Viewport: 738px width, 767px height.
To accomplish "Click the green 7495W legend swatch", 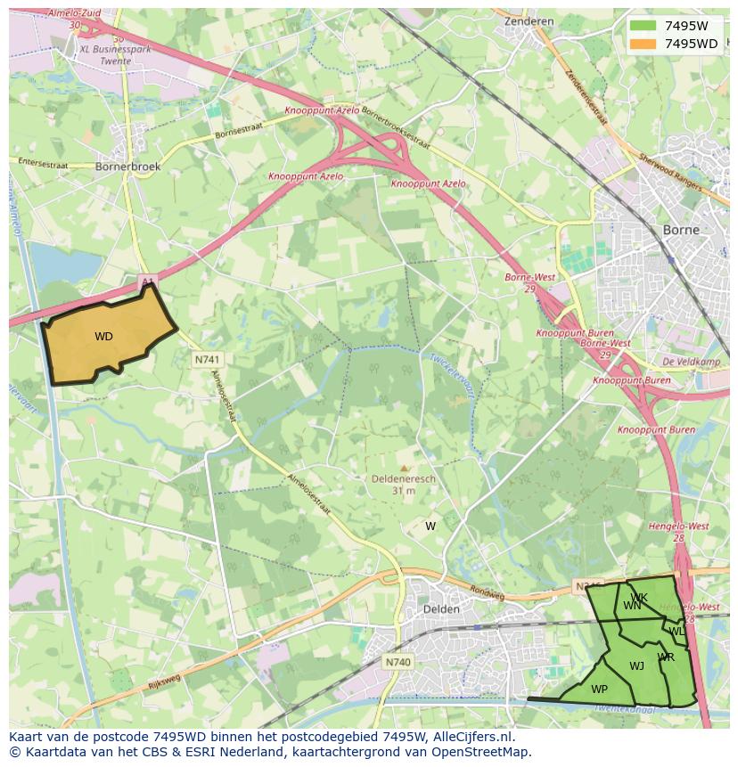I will point(642,26).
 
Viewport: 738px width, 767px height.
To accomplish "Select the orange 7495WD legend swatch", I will point(642,44).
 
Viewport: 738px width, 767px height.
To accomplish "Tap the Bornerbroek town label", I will point(127,167).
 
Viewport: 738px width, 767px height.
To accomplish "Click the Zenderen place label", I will point(529,21).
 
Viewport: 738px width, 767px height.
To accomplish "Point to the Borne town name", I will point(681,230).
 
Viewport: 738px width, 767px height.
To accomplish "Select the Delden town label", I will point(441,609).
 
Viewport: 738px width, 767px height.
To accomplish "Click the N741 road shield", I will point(208,359).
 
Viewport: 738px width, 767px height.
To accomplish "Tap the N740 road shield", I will point(398,662).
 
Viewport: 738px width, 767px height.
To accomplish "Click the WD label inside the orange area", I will point(103,337).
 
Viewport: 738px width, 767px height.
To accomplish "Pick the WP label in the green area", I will point(599,689).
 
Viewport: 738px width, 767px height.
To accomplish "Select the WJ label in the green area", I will point(636,666).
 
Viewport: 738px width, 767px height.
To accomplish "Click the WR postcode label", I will point(666,657).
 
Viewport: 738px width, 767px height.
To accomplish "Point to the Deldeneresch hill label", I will point(404,478).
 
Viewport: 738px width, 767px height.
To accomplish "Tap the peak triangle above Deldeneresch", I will point(404,467).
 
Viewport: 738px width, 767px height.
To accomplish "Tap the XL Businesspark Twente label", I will point(116,54).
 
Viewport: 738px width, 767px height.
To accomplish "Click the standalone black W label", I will point(430,526).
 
